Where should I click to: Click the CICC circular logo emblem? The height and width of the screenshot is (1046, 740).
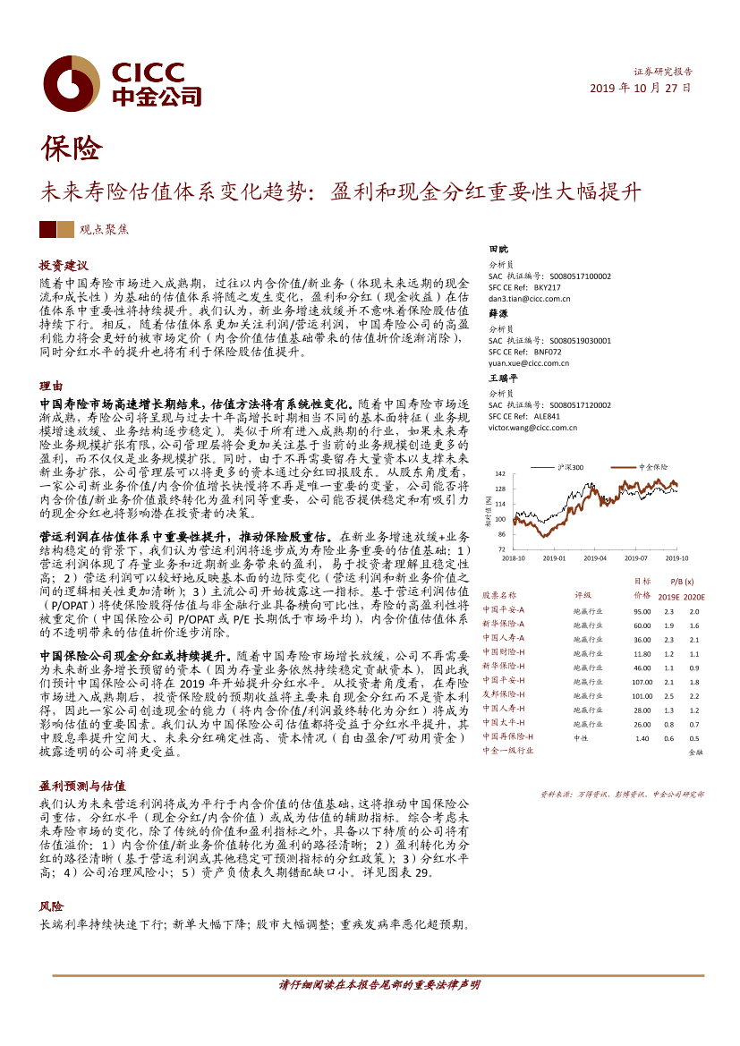[72, 83]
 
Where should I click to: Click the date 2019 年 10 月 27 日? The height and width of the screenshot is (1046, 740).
[641, 89]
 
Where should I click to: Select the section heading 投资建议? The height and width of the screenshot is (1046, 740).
[64, 266]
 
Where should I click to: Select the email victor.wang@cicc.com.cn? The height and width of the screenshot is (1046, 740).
[532, 428]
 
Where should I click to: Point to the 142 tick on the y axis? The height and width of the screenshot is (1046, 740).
[500, 472]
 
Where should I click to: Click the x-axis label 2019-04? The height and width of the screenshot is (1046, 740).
[595, 557]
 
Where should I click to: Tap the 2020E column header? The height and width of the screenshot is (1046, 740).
[694, 596]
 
